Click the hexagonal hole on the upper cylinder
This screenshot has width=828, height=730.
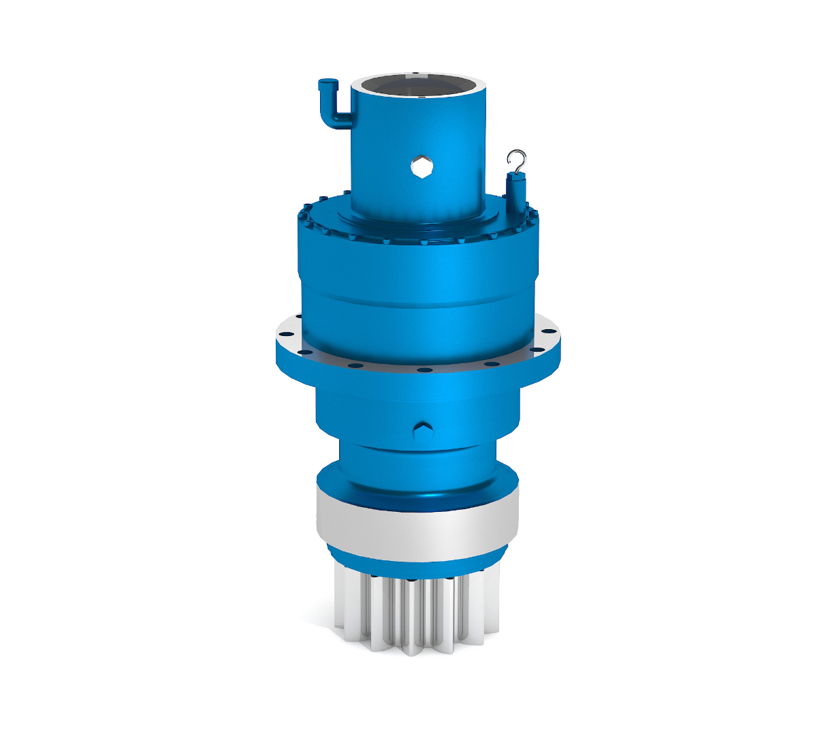coord(422,166)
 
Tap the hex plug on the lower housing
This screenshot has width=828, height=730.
coord(423,430)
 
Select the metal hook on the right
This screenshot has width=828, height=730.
coord(517,159)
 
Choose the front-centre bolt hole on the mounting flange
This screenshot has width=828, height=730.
coord(424,370)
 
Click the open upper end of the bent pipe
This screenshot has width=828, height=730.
coord(326,84)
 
